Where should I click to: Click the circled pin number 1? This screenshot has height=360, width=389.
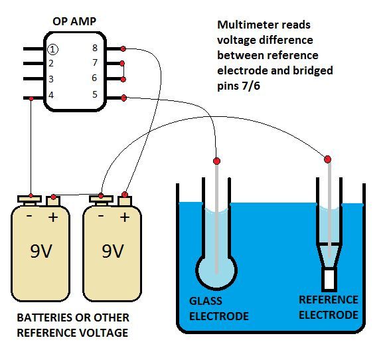[52, 49]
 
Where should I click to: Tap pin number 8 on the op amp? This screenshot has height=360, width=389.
[95, 48]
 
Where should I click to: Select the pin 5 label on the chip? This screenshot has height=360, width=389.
[95, 94]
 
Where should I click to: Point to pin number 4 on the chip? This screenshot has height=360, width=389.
[51, 95]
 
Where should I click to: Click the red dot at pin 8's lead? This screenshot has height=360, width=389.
[123, 49]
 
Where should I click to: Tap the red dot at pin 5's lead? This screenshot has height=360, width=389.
[123, 98]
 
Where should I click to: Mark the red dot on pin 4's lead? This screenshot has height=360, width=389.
[31, 99]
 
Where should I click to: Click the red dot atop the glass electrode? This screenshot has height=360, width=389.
[216, 161]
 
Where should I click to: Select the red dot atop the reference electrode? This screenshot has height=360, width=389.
[327, 159]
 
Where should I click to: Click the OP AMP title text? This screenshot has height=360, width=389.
[74, 21]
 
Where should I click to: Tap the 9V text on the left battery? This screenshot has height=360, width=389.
[41, 251]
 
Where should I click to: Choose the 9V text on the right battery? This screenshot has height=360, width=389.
[113, 251]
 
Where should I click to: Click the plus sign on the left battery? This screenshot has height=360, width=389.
[53, 217]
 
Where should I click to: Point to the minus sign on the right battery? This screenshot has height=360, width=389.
[101, 216]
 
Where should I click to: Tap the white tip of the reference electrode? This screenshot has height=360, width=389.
[329, 280]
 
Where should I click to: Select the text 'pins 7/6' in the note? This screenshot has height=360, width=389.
[239, 86]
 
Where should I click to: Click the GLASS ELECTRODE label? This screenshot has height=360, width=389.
[219, 309]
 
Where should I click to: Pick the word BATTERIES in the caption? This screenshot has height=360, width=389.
[44, 317]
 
